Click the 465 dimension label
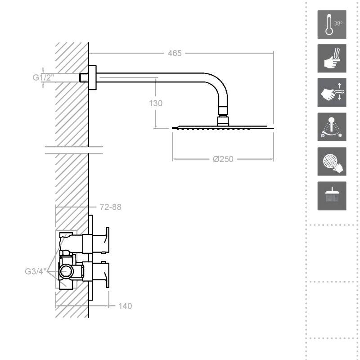pyautogui.click(x=175, y=53)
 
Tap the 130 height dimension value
pyautogui.click(x=156, y=103)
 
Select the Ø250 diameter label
pyautogui.click(x=223, y=159)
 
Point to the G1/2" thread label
pyautogui.click(x=43, y=77)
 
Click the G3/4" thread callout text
pyautogui.click(x=36, y=271)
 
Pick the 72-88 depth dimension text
pyautogui.click(x=110, y=207)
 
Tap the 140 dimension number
pyautogui.click(x=125, y=306)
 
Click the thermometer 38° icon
pyautogui.click(x=332, y=24)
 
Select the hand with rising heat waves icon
pyautogui.click(x=332, y=58)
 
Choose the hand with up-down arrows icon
pyautogui.click(x=332, y=92)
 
